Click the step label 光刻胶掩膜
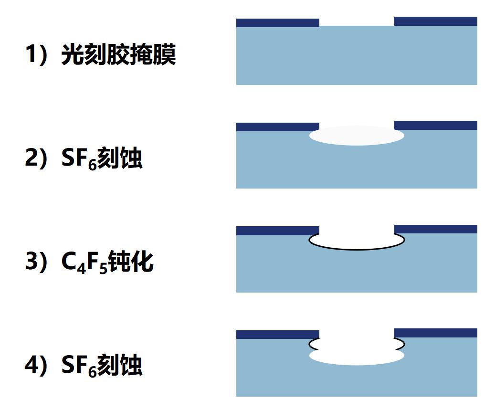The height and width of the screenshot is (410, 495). click(119, 54)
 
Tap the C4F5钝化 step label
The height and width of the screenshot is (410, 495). click(107, 262)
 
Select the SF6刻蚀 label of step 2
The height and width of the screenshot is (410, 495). click(102, 158)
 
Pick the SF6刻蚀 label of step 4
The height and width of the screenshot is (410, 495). click(102, 366)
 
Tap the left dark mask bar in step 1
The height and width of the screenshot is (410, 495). click(278, 23)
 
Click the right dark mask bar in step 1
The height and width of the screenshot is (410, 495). click(436, 21)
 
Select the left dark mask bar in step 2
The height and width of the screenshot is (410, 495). click(278, 127)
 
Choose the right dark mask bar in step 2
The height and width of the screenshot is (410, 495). click(436, 126)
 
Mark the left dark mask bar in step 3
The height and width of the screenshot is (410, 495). click(278, 231)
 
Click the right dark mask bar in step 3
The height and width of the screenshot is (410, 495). click(436, 229)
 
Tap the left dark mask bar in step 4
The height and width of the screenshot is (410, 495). click(278, 335)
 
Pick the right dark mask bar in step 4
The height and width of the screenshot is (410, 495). click(436, 333)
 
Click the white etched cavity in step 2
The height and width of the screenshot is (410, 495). click(357, 136)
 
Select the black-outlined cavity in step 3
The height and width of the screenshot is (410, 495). click(357, 250)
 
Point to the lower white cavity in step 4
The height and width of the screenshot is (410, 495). click(357, 356)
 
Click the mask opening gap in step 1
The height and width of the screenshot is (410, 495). click(357, 21)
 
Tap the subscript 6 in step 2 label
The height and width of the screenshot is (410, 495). click(93, 165)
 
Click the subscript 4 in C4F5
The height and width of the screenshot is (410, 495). click(82, 269)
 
